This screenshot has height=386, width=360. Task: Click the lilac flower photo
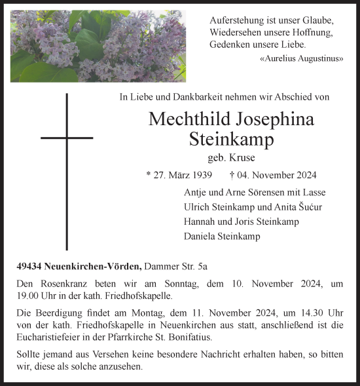click(x=98, y=45)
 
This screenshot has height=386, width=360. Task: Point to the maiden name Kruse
click(x=241, y=158)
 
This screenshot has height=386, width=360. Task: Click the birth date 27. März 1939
click(x=179, y=175)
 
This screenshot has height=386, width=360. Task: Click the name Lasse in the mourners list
click(x=313, y=193)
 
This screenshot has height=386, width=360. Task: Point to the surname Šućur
click(x=306, y=207)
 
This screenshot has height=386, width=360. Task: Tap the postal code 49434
click(x=29, y=266)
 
